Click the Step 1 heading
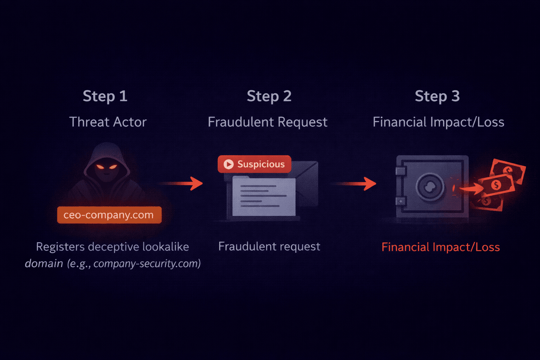tap(105, 96)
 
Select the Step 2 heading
tap(269, 96)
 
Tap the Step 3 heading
tap(437, 96)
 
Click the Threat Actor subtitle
tap(108, 122)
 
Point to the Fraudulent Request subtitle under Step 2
tap(268, 122)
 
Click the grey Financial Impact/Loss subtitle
tap(438, 122)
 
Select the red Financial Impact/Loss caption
tap(441, 247)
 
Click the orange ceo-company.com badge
tap(109, 215)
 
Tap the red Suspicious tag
tap(255, 164)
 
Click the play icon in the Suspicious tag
tap(229, 164)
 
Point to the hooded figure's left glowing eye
tap(100, 167)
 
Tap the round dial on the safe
tap(430, 187)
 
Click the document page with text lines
tap(264, 197)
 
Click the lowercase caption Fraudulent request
tap(269, 246)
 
